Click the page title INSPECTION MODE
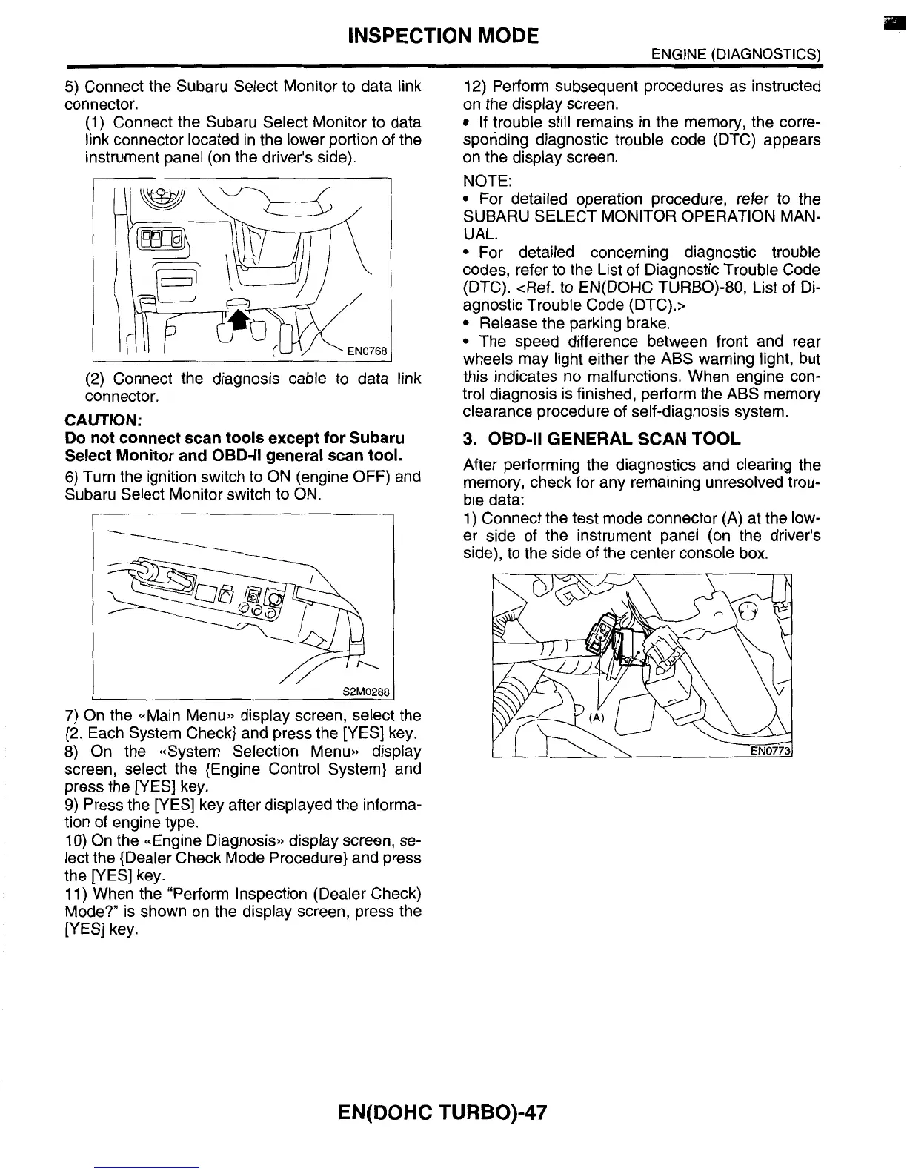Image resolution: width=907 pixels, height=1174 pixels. pos(443,35)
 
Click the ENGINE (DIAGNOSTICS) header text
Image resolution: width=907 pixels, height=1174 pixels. pos(735,54)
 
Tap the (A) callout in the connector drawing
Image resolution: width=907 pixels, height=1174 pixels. pos(597,717)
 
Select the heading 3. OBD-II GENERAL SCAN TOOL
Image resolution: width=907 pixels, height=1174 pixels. pos(601,439)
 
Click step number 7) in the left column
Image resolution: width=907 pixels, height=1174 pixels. pos(72,716)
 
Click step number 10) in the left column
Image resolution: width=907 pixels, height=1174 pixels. pos(75,840)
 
